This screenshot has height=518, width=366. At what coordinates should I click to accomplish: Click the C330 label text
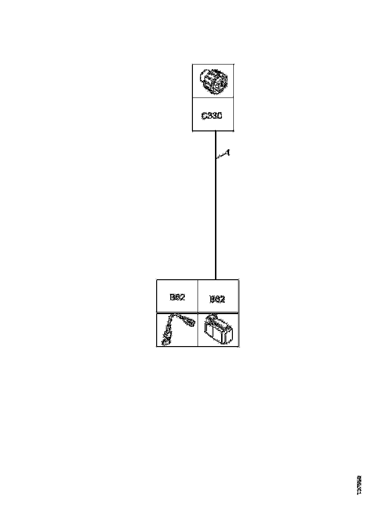click(x=212, y=116)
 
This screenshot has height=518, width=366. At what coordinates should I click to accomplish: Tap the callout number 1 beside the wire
click(x=227, y=153)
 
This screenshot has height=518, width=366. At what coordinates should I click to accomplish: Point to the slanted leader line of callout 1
click(x=221, y=157)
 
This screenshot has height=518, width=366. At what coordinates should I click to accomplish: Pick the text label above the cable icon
click(x=177, y=297)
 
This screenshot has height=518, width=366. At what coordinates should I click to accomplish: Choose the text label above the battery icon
click(x=217, y=299)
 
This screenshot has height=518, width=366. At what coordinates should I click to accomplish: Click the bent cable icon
click(x=177, y=330)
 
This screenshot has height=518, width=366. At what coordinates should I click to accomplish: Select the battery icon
click(x=218, y=331)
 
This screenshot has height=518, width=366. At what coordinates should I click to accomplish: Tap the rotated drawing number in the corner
click(x=359, y=484)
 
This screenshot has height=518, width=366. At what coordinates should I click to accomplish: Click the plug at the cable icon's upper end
click(x=189, y=322)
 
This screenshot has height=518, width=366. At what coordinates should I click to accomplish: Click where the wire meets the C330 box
click(x=215, y=131)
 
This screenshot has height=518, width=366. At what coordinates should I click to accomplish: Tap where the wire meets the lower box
click(x=215, y=279)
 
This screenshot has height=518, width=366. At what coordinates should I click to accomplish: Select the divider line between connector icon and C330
click(x=213, y=98)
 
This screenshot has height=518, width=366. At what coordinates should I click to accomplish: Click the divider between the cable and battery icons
click(x=198, y=330)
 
